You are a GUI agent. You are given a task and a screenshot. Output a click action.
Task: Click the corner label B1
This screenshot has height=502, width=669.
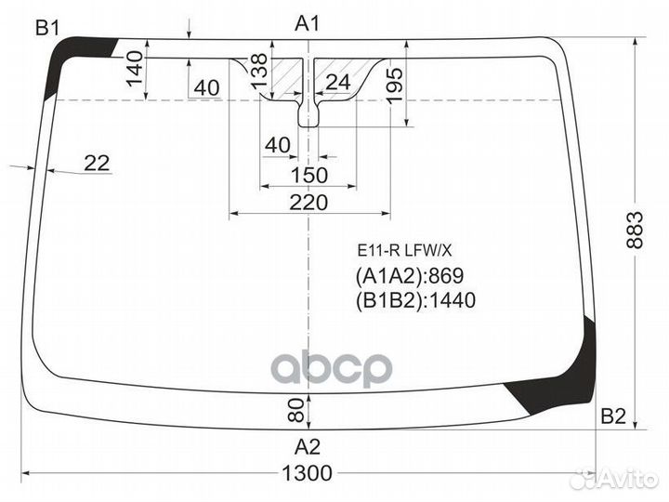click(x=47, y=29)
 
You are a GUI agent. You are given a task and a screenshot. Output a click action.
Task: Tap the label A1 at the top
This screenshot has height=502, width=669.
click(x=308, y=24)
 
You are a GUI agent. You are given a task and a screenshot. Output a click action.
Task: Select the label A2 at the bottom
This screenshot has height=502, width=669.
click(x=308, y=447)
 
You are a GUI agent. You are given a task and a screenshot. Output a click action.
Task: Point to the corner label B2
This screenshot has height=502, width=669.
click(x=613, y=416)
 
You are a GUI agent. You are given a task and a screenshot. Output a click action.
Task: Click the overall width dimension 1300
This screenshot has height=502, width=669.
click(x=308, y=473)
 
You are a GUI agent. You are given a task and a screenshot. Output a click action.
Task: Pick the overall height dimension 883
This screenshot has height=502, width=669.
click(x=635, y=230)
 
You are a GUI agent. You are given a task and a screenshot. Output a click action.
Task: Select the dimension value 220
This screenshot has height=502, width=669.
click(x=308, y=203)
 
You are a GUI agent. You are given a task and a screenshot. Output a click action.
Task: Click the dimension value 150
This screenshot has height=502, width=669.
click(x=309, y=175)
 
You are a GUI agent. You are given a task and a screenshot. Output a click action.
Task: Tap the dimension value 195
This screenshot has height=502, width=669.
click(x=395, y=85)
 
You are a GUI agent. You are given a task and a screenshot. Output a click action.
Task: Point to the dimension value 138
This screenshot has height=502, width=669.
click(x=259, y=72)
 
